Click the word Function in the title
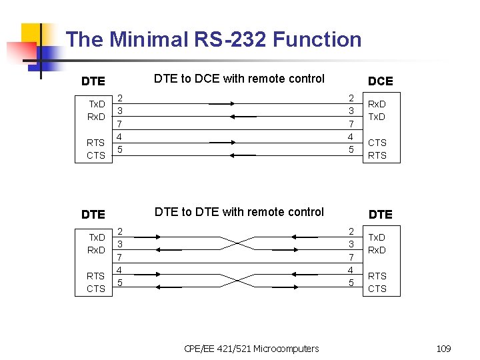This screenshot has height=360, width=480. tap(321, 39)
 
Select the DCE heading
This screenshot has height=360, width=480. tap(381, 81)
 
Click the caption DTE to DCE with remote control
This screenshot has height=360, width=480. tap(239, 79)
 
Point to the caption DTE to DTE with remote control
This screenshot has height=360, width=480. tap(239, 212)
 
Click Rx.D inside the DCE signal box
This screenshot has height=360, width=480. tap(377, 104)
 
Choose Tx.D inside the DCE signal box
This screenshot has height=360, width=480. tap(377, 117)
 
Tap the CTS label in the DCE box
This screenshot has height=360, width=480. tap(377, 143)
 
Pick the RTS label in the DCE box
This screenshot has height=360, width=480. tap(377, 155)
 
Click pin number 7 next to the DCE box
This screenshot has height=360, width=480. tap(351, 125)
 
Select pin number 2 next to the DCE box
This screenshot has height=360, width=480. tap(351, 98)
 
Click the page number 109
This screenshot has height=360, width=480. tap(443, 349)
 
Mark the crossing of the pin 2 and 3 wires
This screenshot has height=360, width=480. tap(239, 243)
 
